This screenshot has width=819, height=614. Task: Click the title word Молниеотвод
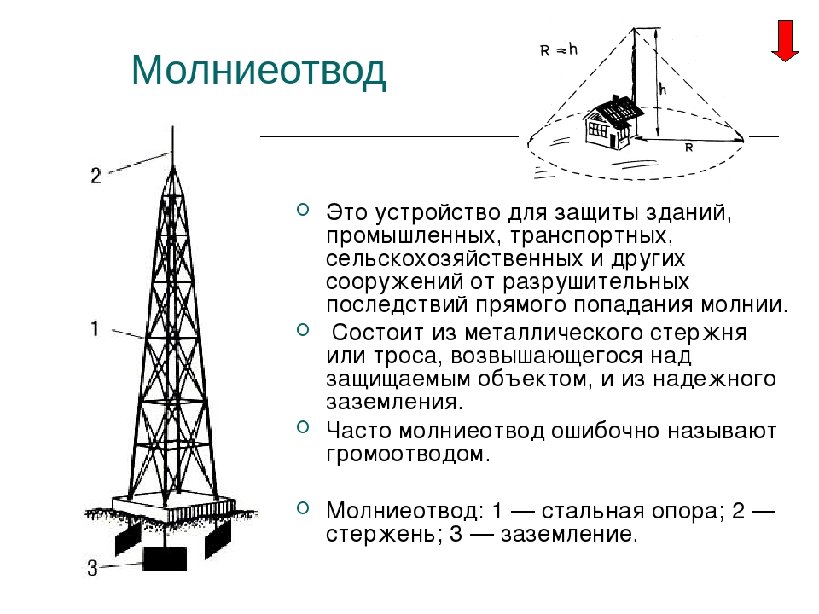click(x=258, y=70)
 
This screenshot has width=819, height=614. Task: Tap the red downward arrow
click(x=785, y=41)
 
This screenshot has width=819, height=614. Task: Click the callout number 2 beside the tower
click(x=95, y=176)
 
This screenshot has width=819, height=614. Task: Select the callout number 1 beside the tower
click(x=95, y=329)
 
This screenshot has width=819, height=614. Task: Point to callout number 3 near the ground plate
click(x=92, y=568)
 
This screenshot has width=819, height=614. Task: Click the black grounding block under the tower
click(x=165, y=559)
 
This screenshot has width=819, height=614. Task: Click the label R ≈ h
click(x=559, y=50)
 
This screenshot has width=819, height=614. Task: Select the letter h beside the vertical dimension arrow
click(x=663, y=90)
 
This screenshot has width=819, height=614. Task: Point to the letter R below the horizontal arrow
click(x=689, y=148)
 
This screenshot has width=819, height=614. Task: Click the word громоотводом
click(x=409, y=455)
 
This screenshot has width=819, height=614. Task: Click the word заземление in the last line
click(x=569, y=534)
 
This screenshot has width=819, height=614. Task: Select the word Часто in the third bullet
click(x=359, y=432)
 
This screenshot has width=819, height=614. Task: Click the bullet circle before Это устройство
click(x=303, y=210)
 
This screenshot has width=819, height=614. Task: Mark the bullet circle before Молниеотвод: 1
click(x=303, y=507)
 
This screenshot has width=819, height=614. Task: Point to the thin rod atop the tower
click(x=172, y=146)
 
